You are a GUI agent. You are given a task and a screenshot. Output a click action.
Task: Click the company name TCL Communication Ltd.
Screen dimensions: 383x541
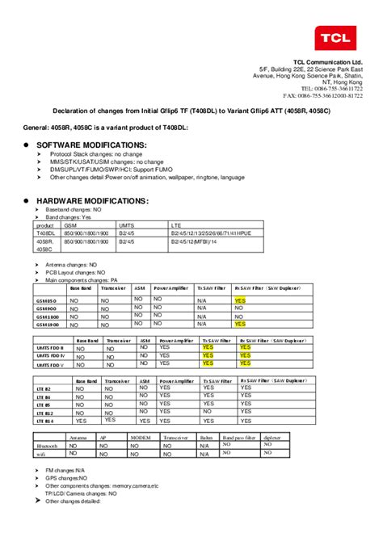[x=328, y=63]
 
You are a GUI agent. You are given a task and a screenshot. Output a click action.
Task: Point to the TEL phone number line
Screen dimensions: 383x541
[x=331, y=89]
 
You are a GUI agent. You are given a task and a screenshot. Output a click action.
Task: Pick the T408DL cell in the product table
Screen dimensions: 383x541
[x=44, y=233]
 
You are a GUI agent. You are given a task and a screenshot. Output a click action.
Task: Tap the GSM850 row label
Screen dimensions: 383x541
[x=47, y=300]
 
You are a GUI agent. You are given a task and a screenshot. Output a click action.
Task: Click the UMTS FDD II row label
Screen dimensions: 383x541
[x=50, y=348]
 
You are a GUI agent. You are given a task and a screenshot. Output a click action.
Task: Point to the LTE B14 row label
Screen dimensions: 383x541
[x=44, y=420]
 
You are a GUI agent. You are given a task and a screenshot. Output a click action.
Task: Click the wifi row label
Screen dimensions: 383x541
[x=41, y=455]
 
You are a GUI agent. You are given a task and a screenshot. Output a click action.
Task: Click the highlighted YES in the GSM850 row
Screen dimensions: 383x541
[x=240, y=299]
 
